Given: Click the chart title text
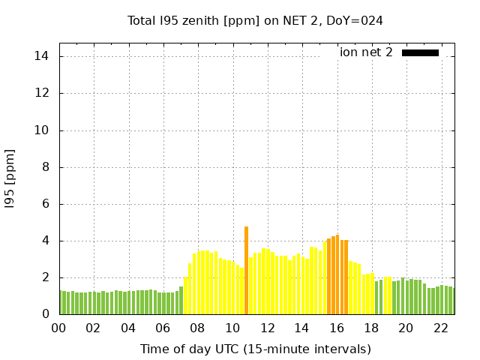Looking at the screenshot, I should tap(255, 20).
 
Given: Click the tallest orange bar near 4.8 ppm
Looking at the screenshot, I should tap(246, 270).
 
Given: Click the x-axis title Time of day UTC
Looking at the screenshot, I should tap(255, 349).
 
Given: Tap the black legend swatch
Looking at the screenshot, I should tap(420, 52).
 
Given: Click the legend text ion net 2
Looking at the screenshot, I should tap(366, 52).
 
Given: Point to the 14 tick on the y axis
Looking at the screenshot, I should tap(42, 56).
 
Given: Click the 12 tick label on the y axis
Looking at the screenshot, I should tap(42, 93).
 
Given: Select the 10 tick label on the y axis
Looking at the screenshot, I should tap(42, 130).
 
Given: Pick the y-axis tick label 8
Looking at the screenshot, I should tap(45, 166).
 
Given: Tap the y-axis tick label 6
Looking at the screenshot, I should tap(45, 204).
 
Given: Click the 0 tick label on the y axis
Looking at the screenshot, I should tap(45, 314).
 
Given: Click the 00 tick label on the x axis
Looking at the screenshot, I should tap(59, 328).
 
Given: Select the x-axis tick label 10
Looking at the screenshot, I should tap(232, 328).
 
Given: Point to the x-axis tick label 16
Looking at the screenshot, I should tap(336, 328).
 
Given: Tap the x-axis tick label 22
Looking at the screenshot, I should tap(440, 328).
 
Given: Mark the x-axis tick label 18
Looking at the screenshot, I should tap(371, 328).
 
